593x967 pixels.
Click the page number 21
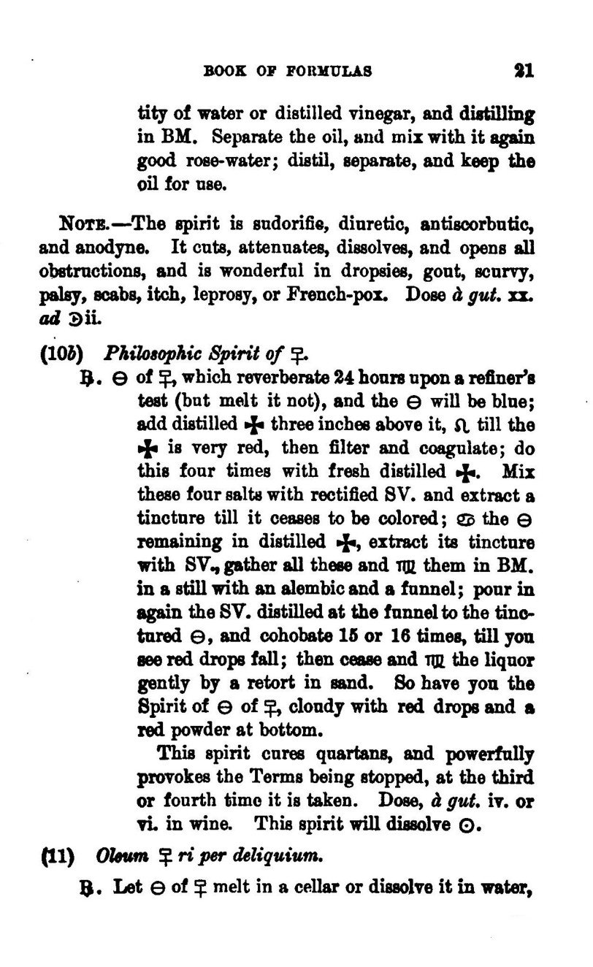[x=523, y=71]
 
